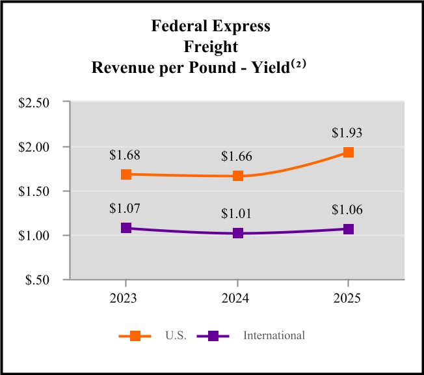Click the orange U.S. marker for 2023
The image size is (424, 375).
click(x=126, y=174)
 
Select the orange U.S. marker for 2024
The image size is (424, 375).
click(x=237, y=176)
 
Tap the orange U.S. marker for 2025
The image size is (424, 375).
click(x=349, y=152)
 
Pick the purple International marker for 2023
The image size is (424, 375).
click(x=126, y=229)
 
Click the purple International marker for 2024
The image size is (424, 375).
click(x=237, y=233)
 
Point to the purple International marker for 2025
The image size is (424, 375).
click(x=349, y=229)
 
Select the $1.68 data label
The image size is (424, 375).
click(x=124, y=155)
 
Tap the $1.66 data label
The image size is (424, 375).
click(x=237, y=156)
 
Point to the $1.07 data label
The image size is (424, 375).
click(x=124, y=208)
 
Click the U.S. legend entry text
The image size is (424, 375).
click(x=176, y=336)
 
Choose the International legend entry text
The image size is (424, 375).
click(x=274, y=336)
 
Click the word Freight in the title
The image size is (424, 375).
click(x=211, y=48)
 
